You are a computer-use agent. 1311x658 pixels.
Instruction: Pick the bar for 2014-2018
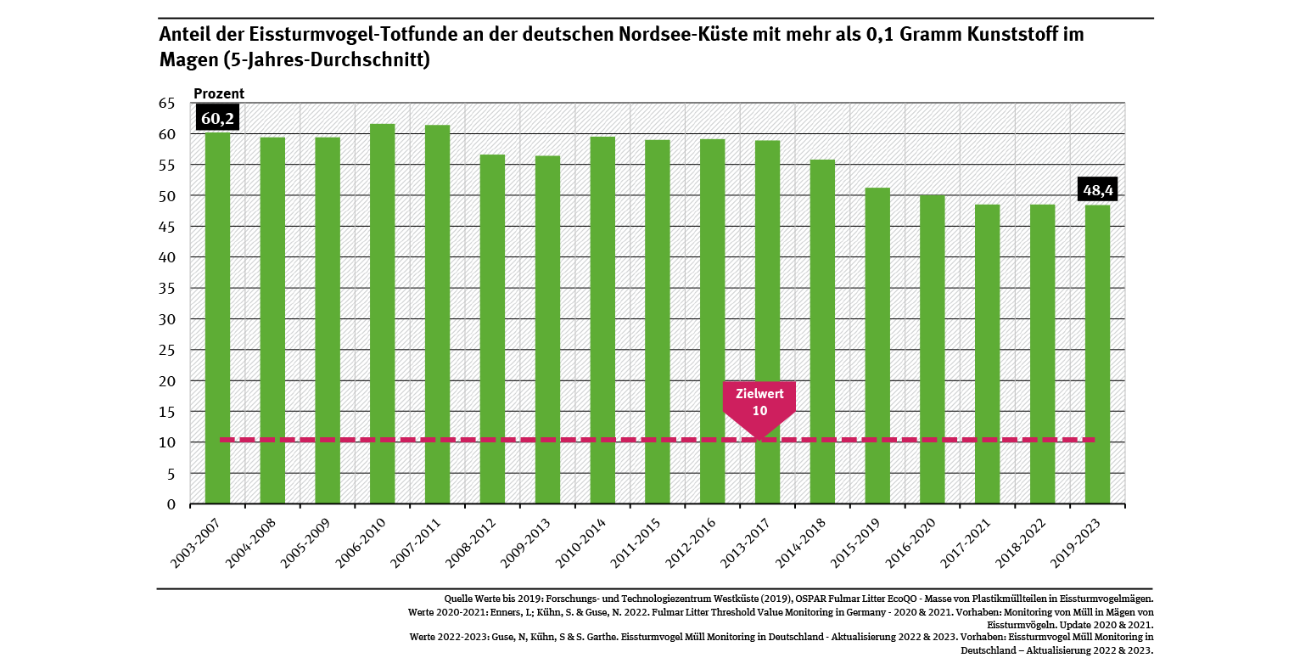click(x=822, y=332)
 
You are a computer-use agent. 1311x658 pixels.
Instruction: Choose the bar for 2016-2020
click(x=933, y=349)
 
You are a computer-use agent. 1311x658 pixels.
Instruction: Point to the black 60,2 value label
click(x=217, y=117)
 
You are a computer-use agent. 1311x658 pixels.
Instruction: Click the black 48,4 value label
click(x=1097, y=189)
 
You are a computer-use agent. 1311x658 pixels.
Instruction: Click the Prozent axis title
click(x=219, y=93)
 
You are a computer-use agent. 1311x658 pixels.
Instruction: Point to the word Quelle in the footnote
click(x=459, y=599)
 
